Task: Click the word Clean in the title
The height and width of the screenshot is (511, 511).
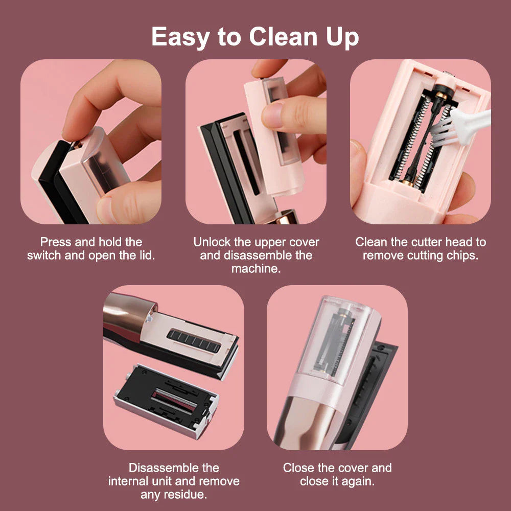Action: click(x=283, y=36)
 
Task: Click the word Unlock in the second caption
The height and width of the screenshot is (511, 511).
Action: click(x=212, y=242)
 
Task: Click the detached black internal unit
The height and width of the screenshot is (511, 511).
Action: click(x=166, y=401)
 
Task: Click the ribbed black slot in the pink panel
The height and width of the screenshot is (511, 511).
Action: click(x=194, y=340)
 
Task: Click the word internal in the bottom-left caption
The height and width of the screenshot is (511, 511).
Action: click(x=134, y=481)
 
